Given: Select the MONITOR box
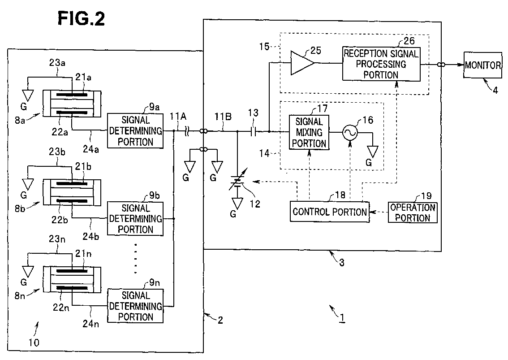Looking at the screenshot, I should tap(482, 65).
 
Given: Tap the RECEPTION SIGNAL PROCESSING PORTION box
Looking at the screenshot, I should tap(381, 64).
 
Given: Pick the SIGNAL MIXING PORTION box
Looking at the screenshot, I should tap(309, 132).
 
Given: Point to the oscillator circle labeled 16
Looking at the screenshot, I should tap(349, 132).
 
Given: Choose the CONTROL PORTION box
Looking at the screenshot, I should tap(330, 212).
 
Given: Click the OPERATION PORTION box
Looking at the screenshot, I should tap(413, 213).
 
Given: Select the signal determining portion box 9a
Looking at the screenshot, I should tap(135, 131).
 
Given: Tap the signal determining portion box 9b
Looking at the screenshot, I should tap(135, 219).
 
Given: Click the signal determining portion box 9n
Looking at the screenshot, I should tap(135, 306).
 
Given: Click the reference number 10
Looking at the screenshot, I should tap(34, 343).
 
